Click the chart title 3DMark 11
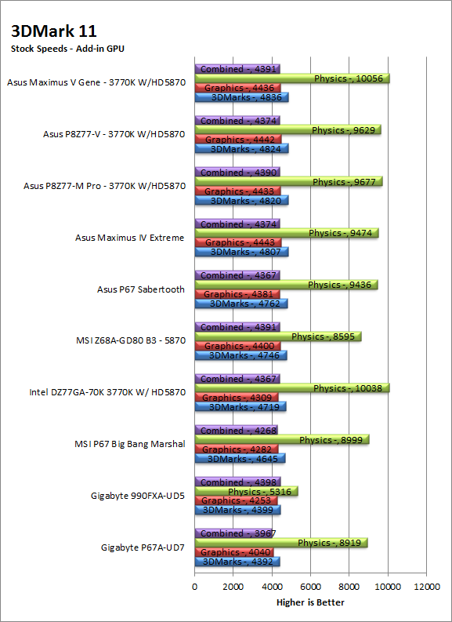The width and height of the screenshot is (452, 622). pos(54,31)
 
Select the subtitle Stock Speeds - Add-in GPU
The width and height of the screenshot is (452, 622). pos(67,49)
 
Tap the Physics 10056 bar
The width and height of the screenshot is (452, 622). pos(292,78)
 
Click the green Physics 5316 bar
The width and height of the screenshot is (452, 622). pos(247,492)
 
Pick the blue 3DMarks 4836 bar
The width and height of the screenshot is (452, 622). pos(241,97)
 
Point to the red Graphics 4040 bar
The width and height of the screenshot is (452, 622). pos(234,552)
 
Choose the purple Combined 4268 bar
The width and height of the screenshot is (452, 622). pos(236,431)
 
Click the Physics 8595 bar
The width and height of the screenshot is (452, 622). pos(278,336)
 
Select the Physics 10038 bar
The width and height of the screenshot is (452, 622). pos(292,388)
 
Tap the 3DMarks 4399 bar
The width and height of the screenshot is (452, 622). pos(237,510)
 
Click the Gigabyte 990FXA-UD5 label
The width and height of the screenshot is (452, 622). pos(138,496)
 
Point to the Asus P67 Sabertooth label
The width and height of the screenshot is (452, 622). pos(141,289)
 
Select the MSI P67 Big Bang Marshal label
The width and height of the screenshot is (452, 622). pos(130,444)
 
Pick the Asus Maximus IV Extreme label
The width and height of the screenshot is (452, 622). pos(130,238)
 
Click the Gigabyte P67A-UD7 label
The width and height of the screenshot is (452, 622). pos(143,547)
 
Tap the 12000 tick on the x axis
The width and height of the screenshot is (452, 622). pos(426,587)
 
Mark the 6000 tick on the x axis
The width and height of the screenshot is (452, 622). pos(310,587)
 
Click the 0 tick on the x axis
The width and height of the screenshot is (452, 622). pos(194,587)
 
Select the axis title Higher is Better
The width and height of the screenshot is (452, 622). pos(310,602)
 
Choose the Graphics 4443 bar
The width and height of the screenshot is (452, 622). pos(238,242)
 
